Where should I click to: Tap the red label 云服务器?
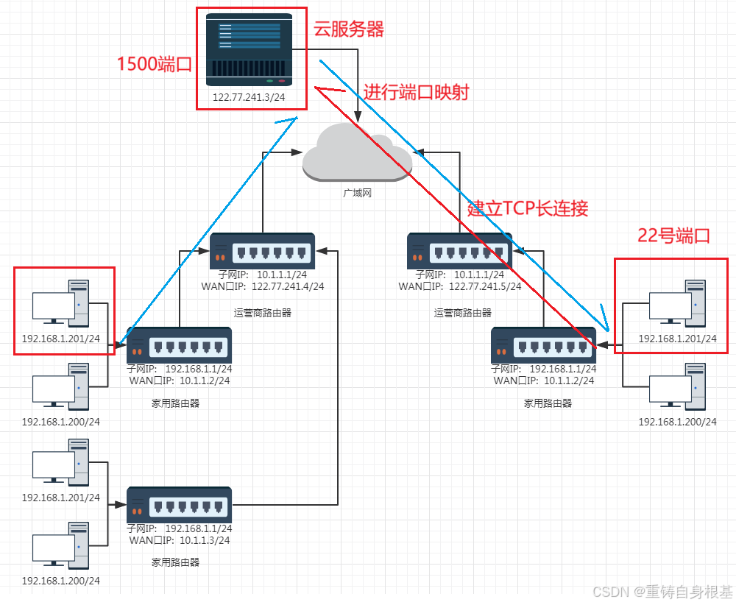pyautogui.click(x=349, y=29)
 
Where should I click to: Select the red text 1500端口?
pyautogui.click(x=155, y=64)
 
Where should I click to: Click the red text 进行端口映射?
pyautogui.click(x=416, y=93)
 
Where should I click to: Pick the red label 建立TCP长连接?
pyautogui.click(x=528, y=208)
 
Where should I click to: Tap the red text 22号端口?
pyautogui.click(x=673, y=236)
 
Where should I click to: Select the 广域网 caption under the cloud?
pyautogui.click(x=357, y=192)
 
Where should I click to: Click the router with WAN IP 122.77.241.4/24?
pyautogui.click(x=262, y=252)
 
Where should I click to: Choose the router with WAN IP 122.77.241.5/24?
pyautogui.click(x=460, y=252)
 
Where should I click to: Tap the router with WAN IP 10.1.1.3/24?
pyautogui.click(x=180, y=505)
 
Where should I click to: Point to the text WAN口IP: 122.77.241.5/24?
pyautogui.click(x=459, y=286)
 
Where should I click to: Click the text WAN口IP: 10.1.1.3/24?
pyautogui.click(x=180, y=539)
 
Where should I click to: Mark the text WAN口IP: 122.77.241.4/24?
pyautogui.click(x=262, y=286)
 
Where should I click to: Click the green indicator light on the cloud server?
pyautogui.click(x=270, y=80)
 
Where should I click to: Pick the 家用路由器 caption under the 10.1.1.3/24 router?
pyautogui.click(x=175, y=562)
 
